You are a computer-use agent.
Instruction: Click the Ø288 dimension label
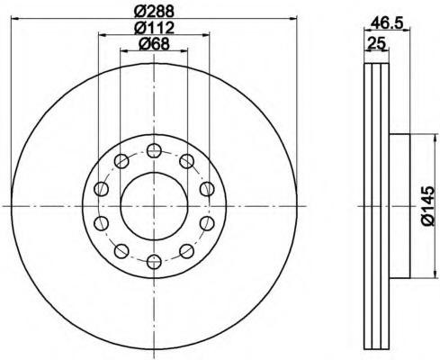[154, 12]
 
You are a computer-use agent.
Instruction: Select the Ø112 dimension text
[154, 28]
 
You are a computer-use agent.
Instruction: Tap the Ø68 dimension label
[154, 44]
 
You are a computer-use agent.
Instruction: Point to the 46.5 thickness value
[386, 22]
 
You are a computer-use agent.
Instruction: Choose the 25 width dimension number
[376, 43]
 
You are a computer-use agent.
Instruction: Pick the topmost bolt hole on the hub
[154, 150]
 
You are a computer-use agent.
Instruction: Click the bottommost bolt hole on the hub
[154, 262]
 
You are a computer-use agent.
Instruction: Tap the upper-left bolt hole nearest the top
[121, 161]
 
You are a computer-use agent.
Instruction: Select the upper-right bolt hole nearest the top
[186, 161]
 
